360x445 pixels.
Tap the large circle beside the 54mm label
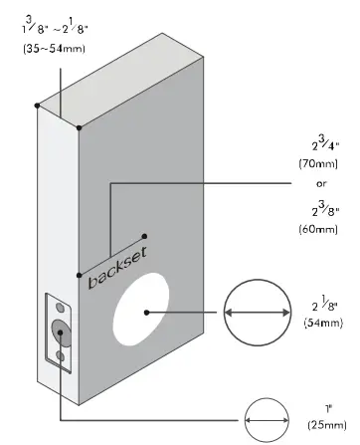coord(258,313)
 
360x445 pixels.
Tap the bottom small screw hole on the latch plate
coord(60,354)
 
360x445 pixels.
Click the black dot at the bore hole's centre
coord(146,313)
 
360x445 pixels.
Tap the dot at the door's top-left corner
coord(37,105)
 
